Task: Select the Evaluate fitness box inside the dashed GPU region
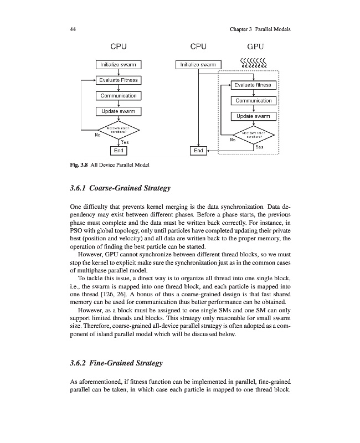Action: click(253, 85)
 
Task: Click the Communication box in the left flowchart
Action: click(119, 96)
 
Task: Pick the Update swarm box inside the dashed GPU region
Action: click(253, 116)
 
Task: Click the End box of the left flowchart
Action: click(119, 150)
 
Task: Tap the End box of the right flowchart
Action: click(197, 150)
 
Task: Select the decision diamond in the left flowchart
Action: click(119, 131)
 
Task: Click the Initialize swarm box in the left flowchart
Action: click(119, 65)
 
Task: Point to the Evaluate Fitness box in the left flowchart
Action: click(119, 80)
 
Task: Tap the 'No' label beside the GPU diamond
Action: click(233, 140)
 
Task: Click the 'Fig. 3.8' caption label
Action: click(79, 165)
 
